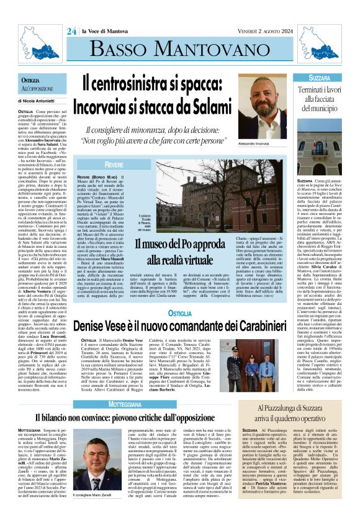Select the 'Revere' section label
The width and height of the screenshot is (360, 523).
[114, 165]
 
